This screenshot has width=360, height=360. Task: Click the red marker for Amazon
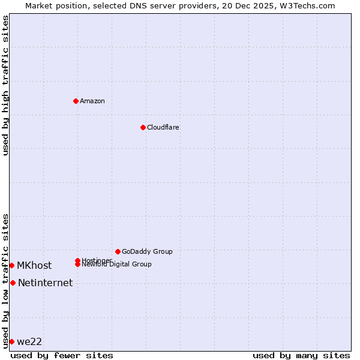(76, 101)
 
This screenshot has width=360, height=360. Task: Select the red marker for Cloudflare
(143, 127)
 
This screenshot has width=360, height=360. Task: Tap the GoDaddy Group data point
(118, 251)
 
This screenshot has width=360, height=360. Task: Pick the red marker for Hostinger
(77, 260)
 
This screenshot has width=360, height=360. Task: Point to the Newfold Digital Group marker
(77, 264)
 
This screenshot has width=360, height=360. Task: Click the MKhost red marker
(11, 265)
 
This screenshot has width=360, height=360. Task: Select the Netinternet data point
(13, 283)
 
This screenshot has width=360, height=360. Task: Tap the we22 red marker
(11, 341)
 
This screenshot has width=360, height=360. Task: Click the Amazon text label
(92, 101)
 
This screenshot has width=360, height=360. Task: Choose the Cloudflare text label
(163, 127)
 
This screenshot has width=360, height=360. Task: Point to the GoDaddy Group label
(147, 251)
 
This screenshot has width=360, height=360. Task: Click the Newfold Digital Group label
(116, 265)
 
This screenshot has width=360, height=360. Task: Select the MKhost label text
(34, 265)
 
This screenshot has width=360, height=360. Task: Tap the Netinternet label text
(45, 283)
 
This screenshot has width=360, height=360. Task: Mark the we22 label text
(29, 341)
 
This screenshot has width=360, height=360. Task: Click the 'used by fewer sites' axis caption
(62, 355)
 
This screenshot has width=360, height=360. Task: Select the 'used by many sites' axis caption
(301, 355)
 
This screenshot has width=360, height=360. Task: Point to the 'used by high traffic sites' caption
(5, 85)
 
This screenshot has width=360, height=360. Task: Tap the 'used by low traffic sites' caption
(5, 281)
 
